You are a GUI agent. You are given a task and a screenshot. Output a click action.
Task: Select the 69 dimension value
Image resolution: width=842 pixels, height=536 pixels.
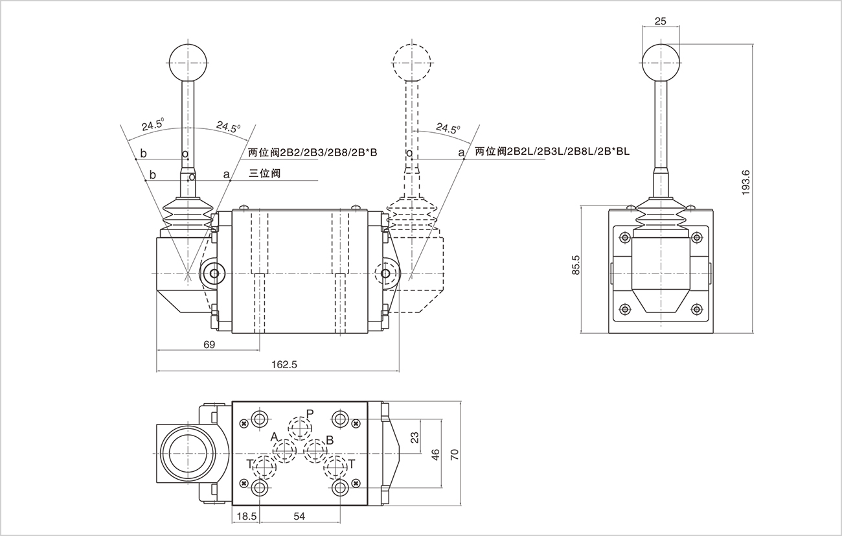click(x=209, y=345)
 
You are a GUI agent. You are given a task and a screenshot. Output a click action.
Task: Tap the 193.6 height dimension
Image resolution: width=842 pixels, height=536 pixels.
click(x=745, y=183)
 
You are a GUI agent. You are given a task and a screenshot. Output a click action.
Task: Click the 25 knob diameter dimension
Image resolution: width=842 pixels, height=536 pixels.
click(x=660, y=21)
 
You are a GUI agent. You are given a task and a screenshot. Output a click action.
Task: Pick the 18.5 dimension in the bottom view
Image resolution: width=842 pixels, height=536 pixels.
click(x=247, y=516)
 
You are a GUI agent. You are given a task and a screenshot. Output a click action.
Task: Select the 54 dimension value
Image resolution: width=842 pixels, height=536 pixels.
click(x=300, y=516)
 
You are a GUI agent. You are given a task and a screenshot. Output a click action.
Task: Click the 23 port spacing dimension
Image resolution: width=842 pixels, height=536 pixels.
click(x=415, y=438)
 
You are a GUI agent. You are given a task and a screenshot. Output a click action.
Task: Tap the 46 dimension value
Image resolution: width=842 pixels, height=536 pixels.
click(x=436, y=454)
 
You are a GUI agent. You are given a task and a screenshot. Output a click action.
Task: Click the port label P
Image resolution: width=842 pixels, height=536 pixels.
click(x=310, y=414)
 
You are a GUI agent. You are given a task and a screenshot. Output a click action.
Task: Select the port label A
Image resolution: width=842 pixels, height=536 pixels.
click(x=274, y=436)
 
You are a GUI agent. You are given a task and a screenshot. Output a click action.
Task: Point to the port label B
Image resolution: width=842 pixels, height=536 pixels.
click(x=329, y=440)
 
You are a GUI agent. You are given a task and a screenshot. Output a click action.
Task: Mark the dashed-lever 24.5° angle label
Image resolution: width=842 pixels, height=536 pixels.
click(x=448, y=128)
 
